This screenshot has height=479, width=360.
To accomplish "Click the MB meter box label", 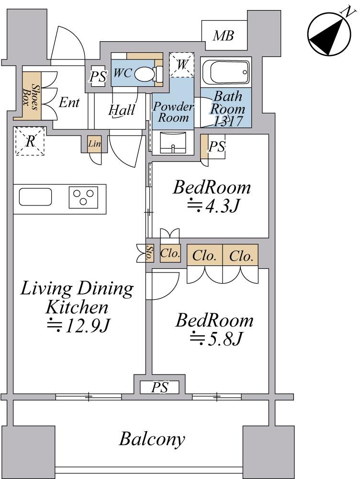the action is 224,36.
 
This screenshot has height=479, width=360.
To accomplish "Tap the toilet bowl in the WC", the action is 145,74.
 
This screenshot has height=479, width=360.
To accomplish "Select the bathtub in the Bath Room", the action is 226,72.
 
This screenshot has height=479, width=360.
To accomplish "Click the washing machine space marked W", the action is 182,65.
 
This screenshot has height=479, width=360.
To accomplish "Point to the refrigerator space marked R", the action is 30,141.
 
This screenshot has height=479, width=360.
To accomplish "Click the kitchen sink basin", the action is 35,197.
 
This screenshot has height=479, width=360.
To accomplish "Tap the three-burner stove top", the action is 83,197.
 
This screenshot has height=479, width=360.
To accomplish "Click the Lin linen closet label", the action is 94,143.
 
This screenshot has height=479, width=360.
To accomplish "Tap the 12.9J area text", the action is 78,325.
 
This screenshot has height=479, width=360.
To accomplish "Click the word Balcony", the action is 152,439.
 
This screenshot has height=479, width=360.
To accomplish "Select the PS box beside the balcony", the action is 160,388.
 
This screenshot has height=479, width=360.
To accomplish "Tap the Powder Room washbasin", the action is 173,142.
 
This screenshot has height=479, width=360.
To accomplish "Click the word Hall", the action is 122,110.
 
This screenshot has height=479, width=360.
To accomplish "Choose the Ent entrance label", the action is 69,103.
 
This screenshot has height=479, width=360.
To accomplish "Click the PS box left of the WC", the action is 98,76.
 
